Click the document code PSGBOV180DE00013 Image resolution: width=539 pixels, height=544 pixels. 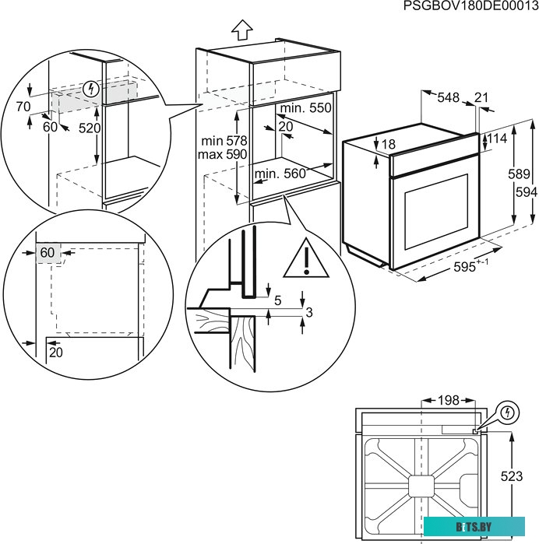point(470,7)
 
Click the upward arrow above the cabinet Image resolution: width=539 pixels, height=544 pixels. point(242,30)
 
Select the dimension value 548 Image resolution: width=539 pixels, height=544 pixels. point(448,97)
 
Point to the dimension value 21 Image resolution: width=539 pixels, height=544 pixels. point(481,97)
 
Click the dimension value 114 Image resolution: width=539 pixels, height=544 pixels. point(499,139)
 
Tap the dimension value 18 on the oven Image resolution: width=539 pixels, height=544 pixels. point(389,144)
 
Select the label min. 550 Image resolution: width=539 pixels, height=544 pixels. point(305,108)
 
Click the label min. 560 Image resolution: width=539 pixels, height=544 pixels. point(280,174)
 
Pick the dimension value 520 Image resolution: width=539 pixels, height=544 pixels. point(90,128)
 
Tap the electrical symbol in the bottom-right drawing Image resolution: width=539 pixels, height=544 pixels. point(507,411)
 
